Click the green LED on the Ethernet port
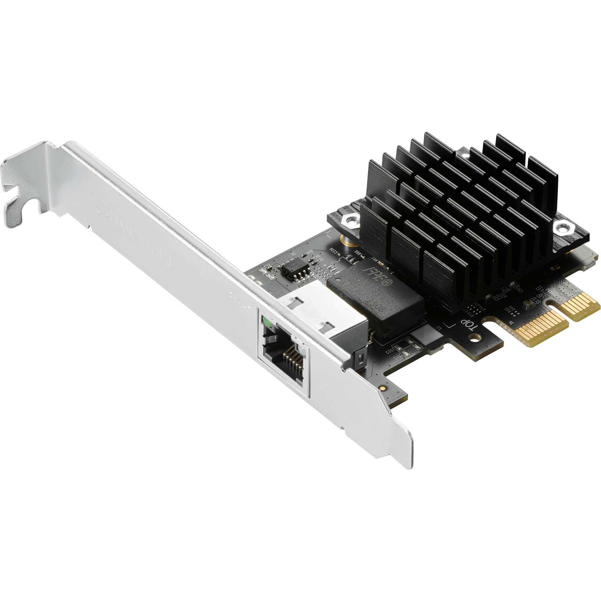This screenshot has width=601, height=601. pos(268,322)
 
